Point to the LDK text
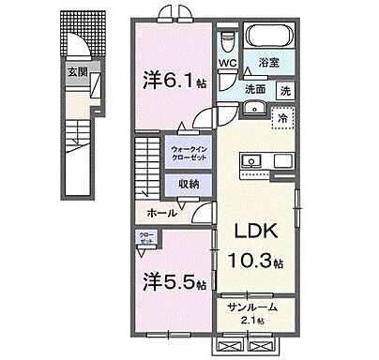[x=247, y=233]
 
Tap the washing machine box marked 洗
[x=285, y=90]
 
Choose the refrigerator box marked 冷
[x=280, y=118]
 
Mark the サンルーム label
[x=252, y=314]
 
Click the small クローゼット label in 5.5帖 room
[x=146, y=239]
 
